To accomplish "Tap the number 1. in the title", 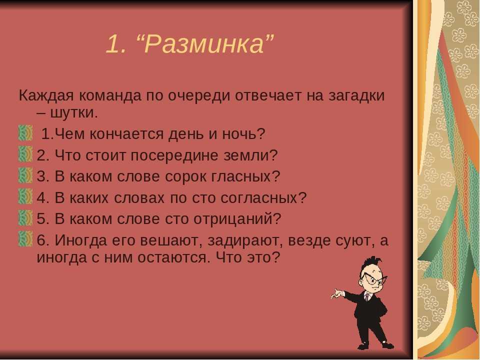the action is pos(116,44).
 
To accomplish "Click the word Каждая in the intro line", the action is pos(46,95).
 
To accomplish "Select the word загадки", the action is pos(356,96).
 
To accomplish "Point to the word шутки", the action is pos(73,113).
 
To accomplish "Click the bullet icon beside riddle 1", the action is pos(25,133).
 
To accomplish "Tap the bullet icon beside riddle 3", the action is pos(25,175).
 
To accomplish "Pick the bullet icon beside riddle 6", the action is pos(25,239).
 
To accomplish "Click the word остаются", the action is pos(173,258).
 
